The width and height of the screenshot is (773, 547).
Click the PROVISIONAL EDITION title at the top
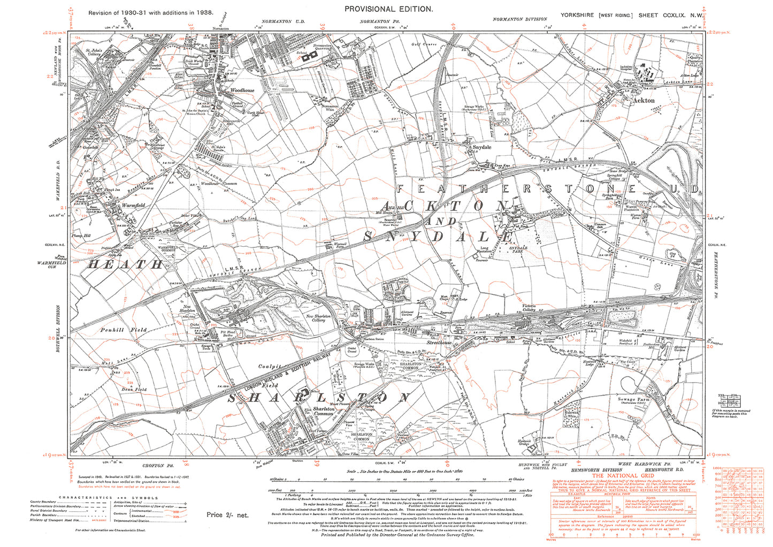tap(388, 9)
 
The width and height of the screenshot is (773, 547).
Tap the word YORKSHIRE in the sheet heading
tap(577, 15)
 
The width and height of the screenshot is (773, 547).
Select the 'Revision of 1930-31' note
tap(151, 12)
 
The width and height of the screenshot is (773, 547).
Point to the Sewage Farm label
tap(634, 399)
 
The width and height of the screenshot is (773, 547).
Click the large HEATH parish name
tap(125, 264)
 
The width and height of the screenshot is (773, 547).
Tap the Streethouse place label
tap(439, 342)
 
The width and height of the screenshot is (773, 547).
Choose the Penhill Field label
tap(123, 330)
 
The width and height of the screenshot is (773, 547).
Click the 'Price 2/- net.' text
tap(227, 515)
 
